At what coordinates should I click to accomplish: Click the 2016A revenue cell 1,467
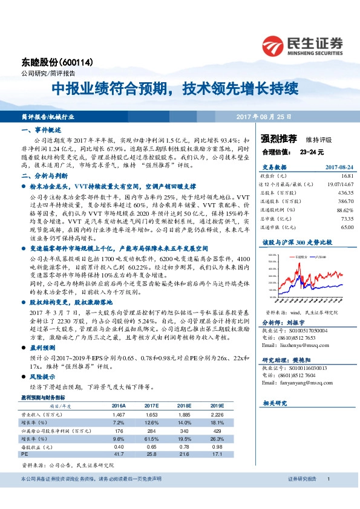coord(118,415)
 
